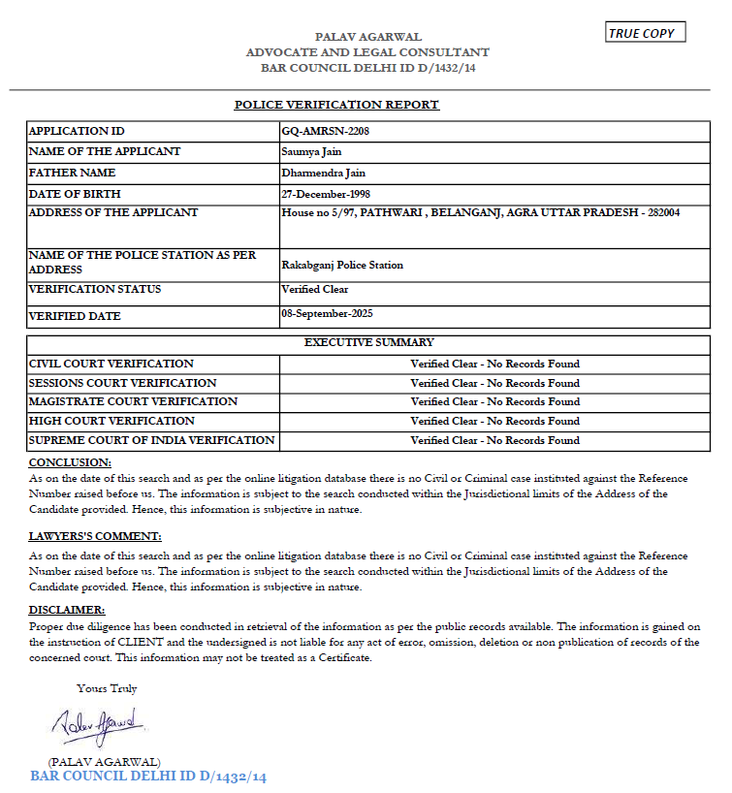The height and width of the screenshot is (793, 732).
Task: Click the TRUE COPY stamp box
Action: [645, 33]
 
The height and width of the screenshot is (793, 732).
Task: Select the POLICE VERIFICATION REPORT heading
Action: [336, 105]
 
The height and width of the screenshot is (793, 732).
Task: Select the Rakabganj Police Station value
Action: [342, 265]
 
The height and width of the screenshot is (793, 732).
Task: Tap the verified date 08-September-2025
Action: [327, 313]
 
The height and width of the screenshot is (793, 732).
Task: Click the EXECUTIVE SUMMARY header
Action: [368, 342]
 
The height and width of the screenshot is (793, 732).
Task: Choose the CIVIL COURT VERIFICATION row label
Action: [111, 364]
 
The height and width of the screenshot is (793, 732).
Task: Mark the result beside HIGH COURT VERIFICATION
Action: [494, 421]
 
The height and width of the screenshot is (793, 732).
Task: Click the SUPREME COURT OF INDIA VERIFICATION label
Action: [152, 440]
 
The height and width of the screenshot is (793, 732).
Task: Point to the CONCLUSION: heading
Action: [70, 462]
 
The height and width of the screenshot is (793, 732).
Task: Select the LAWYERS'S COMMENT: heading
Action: [95, 536]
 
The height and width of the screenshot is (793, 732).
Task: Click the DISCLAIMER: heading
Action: [67, 610]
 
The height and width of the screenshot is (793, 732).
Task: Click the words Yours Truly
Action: [107, 688]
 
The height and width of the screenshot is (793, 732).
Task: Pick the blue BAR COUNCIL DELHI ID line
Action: [148, 777]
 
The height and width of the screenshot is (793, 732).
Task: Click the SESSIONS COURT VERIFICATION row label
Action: [122, 383]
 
